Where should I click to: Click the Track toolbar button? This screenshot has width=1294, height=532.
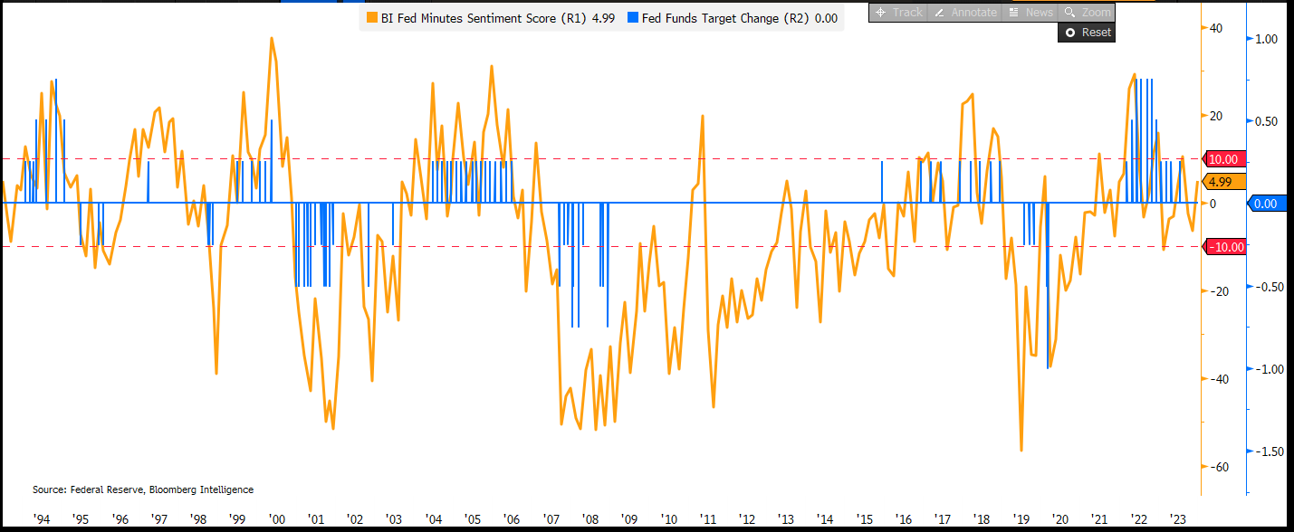click(x=897, y=13)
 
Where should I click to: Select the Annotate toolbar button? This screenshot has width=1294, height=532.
click(x=965, y=13)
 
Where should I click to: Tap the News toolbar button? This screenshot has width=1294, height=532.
click(x=1030, y=13)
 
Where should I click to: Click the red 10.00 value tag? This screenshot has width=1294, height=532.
click(x=1222, y=159)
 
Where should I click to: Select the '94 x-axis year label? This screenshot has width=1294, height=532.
click(x=41, y=519)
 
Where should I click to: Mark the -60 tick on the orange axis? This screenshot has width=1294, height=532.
click(x=1216, y=467)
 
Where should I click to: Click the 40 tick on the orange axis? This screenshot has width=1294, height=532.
click(x=1215, y=29)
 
